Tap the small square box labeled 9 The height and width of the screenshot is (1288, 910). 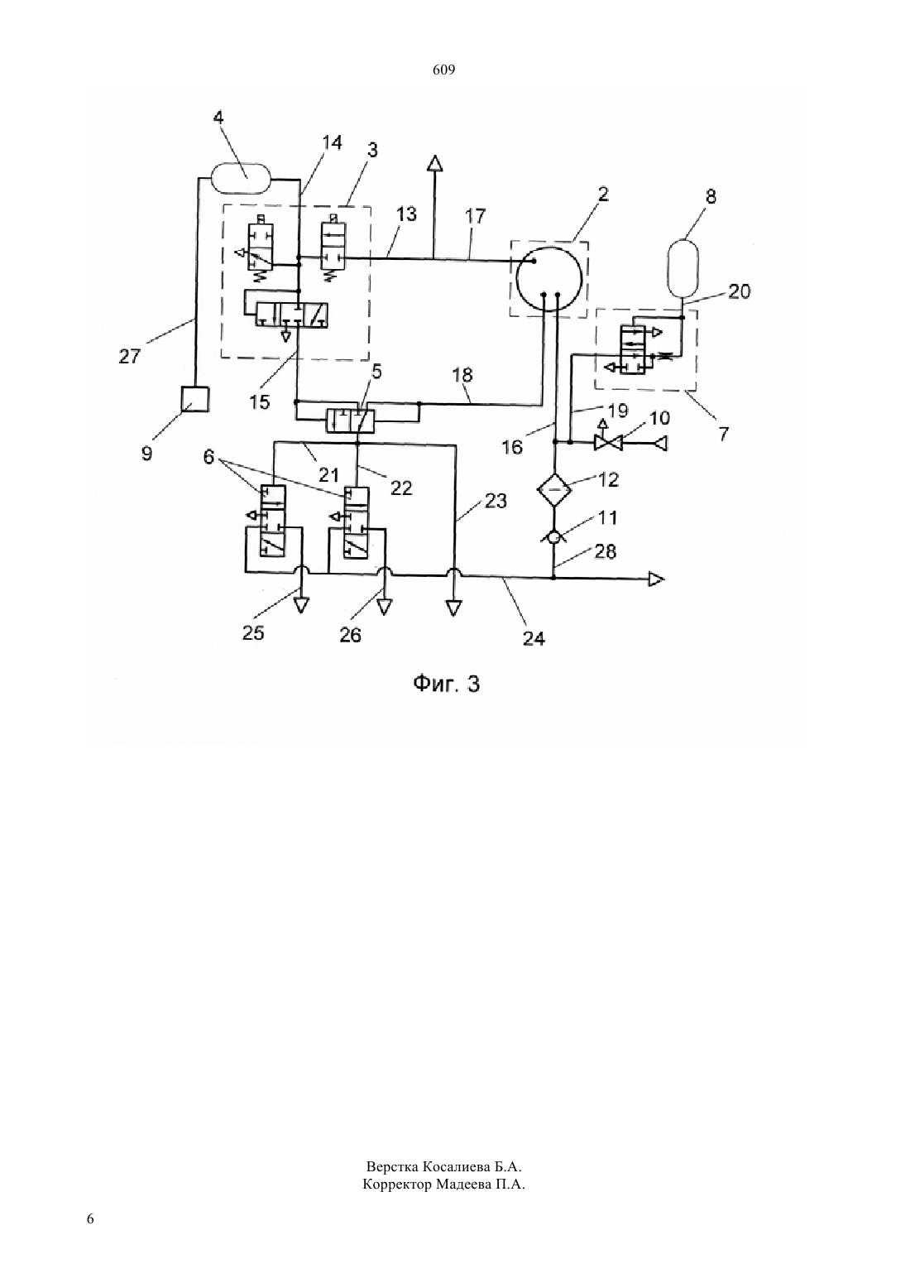pos(194,398)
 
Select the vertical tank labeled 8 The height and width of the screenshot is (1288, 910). pos(682,268)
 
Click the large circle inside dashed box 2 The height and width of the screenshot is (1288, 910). pos(549,279)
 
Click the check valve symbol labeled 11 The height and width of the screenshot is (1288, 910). pos(553,537)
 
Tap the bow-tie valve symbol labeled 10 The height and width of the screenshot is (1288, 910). pos(608,443)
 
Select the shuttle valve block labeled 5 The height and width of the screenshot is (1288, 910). pos(350,421)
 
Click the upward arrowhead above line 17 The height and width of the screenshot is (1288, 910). pos(435,163)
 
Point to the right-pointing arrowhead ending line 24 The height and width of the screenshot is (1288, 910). pos(656,579)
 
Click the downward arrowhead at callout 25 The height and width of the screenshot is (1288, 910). pos(301,606)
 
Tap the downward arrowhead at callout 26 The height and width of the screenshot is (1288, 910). pos(385,607)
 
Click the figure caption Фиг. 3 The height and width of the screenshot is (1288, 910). pos(447,684)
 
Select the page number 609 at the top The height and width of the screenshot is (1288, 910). pos(443,70)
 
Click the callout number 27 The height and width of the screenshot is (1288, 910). pos(129,357)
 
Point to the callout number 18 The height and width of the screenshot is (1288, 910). pos(462,375)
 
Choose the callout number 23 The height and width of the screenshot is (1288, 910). pos(496,501)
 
